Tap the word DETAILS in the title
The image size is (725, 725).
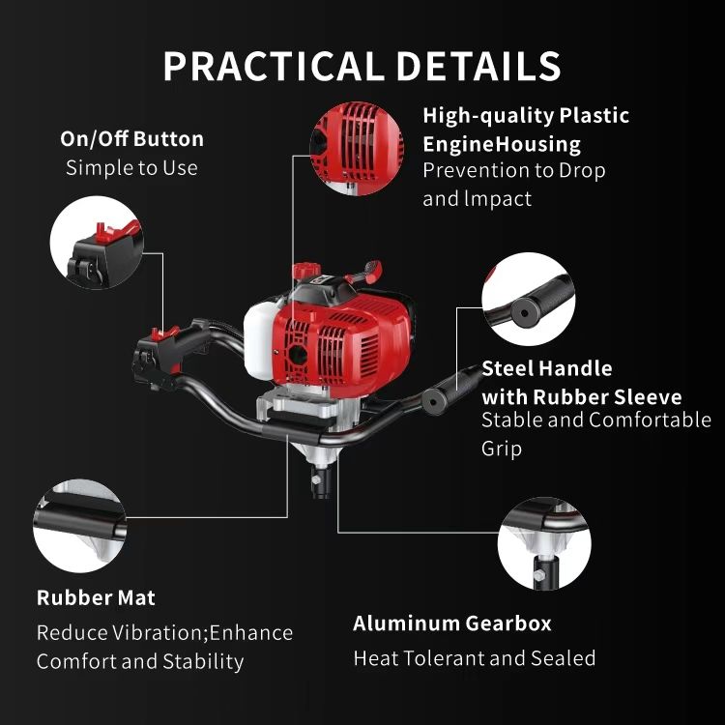(479, 66)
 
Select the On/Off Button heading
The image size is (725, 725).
(131, 138)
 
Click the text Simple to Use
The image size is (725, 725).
(131, 167)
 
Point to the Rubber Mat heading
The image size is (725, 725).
(96, 597)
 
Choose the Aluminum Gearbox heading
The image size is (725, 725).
(452, 623)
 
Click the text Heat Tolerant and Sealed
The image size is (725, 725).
(475, 658)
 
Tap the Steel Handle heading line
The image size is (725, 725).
(547, 368)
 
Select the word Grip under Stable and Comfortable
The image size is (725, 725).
(502, 449)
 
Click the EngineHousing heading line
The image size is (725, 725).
(502, 144)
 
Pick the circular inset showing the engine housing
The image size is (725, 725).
(357, 149)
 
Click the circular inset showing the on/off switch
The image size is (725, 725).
(97, 243)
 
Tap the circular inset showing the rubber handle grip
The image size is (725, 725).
(529, 299)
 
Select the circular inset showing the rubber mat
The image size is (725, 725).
(80, 526)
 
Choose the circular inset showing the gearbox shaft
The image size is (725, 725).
(544, 543)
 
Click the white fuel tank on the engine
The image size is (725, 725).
(258, 340)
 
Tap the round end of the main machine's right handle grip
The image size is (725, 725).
(433, 401)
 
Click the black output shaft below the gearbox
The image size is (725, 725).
(320, 481)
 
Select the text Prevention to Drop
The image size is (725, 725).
(514, 170)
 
